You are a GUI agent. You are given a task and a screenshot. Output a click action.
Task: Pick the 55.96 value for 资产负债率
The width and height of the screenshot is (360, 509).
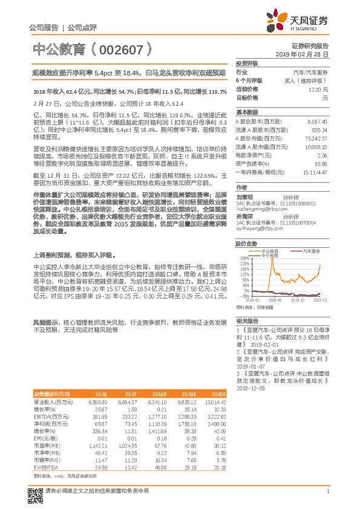click(321, 164)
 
